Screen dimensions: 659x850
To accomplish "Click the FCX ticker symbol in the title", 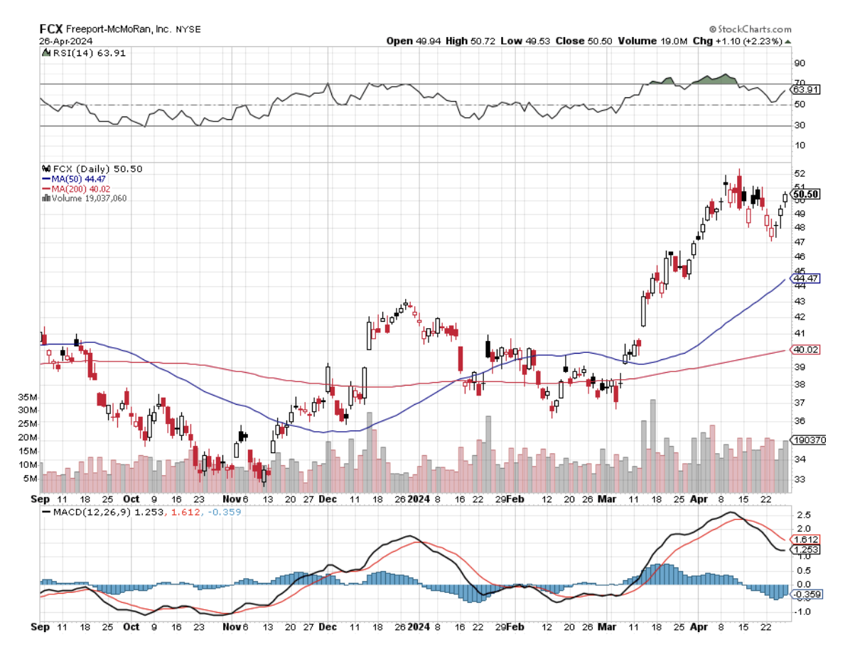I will pyautogui.click(x=50, y=29).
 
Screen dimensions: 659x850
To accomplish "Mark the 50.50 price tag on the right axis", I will pyautogui.click(x=807, y=194).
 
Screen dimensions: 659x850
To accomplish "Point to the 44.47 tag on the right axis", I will pyautogui.click(x=806, y=278).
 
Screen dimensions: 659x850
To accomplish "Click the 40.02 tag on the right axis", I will pyautogui.click(x=806, y=350).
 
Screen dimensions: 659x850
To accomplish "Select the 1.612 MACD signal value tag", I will pyautogui.click(x=806, y=540).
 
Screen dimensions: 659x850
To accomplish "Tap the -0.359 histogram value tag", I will pyautogui.click(x=806, y=594).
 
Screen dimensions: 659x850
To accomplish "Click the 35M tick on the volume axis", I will pyautogui.click(x=28, y=397).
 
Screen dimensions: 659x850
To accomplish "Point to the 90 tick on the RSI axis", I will pyautogui.click(x=799, y=62).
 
